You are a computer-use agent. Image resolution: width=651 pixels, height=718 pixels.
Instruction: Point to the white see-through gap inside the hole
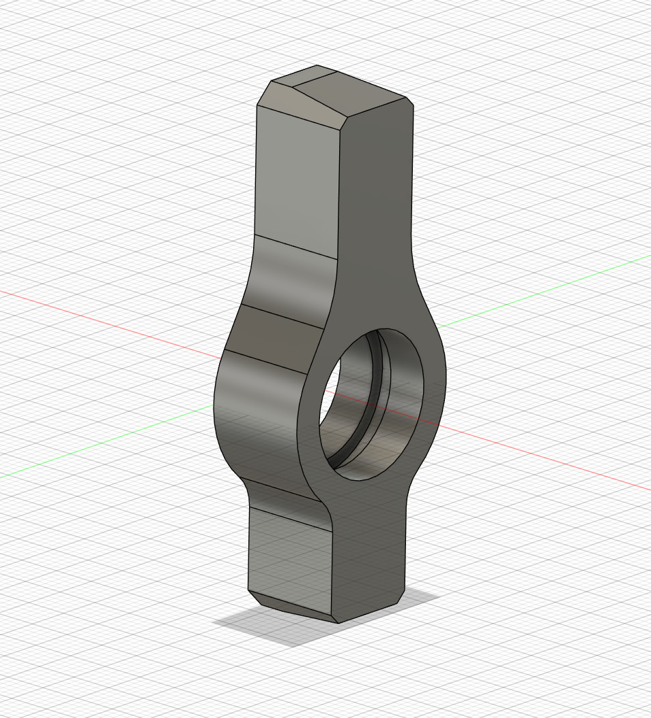(330, 409)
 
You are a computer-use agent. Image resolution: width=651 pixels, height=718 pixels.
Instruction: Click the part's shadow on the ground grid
(273, 631)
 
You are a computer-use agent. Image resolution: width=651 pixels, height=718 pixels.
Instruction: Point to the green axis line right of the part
(546, 286)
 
